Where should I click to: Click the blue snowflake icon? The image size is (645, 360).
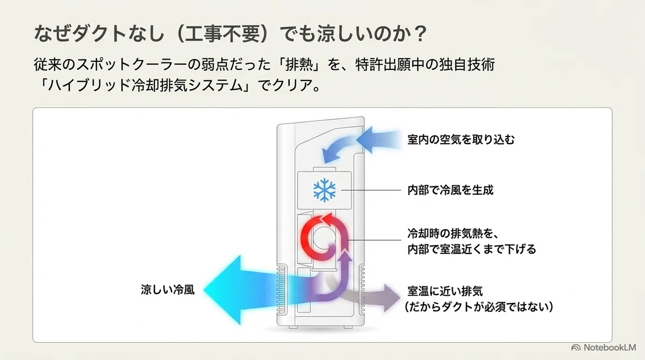[x=324, y=190]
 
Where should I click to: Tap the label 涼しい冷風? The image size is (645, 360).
[x=168, y=290]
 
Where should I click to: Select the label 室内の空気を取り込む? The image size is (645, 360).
[x=461, y=140]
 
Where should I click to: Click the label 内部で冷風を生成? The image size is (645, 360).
[x=450, y=190]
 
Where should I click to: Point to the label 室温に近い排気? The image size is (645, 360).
[x=445, y=291]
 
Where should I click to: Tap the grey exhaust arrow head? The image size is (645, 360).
[x=392, y=298]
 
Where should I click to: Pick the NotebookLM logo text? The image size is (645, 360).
[x=610, y=348]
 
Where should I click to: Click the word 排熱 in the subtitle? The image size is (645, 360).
[x=299, y=64]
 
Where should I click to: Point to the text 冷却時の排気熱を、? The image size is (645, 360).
[x=453, y=233]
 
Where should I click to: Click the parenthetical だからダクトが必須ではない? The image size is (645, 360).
[x=479, y=307]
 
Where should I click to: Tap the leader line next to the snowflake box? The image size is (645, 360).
[x=371, y=190]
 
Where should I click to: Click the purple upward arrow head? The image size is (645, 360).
[x=345, y=256]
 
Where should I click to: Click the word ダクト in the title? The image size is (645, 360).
[x=99, y=34]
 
